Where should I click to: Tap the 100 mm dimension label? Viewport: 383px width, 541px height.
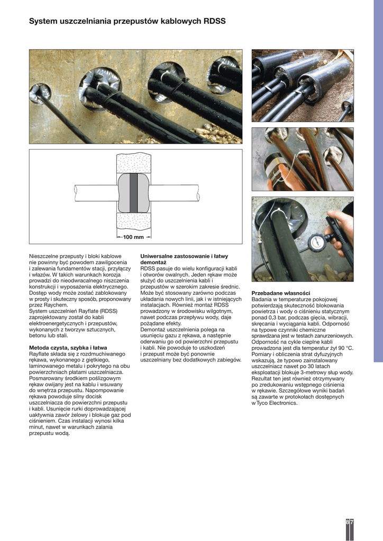[x=133, y=237]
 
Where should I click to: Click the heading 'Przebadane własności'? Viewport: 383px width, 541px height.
[x=280, y=293]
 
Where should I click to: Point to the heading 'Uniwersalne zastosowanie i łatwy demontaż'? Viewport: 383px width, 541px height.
[x=184, y=259]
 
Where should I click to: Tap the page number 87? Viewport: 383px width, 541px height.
[x=350, y=522]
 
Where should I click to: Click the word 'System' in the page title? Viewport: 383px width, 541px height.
[x=44, y=22]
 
